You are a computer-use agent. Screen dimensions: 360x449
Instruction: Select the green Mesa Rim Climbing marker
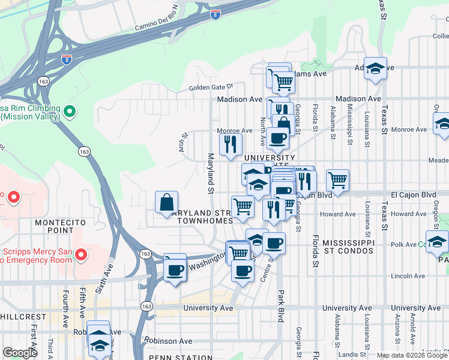(x=70, y=112)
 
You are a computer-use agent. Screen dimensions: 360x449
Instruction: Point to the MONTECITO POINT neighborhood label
(x=58, y=227)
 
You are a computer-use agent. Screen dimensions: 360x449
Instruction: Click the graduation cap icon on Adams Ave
(x=376, y=70)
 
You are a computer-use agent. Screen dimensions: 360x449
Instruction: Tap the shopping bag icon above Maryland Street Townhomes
(x=166, y=203)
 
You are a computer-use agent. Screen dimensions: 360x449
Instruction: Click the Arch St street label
(x=183, y=142)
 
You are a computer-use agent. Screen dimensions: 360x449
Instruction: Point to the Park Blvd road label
(x=280, y=307)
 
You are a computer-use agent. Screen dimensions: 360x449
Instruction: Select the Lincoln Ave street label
(x=408, y=276)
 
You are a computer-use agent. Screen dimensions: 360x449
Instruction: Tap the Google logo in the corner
(x=20, y=353)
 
